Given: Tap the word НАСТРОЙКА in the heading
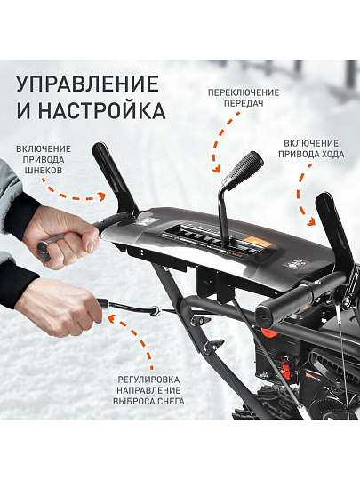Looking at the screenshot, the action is pyautogui.click(x=102, y=111).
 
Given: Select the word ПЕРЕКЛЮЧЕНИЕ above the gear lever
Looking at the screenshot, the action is pyautogui.click(x=244, y=92).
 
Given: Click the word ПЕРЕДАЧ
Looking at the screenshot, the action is pyautogui.click(x=244, y=103).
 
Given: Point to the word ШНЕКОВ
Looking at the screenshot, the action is pyautogui.click(x=43, y=170).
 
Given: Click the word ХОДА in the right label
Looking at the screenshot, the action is pyautogui.click(x=328, y=155).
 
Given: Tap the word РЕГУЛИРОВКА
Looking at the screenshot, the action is pyautogui.click(x=148, y=380).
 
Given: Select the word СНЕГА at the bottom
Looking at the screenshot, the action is pyautogui.click(x=169, y=401).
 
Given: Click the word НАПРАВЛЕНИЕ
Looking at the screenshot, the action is pyautogui.click(x=148, y=390).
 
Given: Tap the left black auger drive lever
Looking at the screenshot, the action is pyautogui.click(x=115, y=178).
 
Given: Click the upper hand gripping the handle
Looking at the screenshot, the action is pyautogui.click(x=63, y=238).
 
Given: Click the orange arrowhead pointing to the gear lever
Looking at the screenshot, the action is pyautogui.click(x=217, y=169).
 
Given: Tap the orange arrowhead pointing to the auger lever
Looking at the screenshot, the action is pyautogui.click(x=101, y=196).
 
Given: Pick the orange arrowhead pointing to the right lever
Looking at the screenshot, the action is pyautogui.click(x=311, y=221).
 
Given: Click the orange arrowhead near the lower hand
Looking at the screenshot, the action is pyautogui.click(x=112, y=318).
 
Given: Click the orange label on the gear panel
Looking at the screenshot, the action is pyautogui.click(x=256, y=243).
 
